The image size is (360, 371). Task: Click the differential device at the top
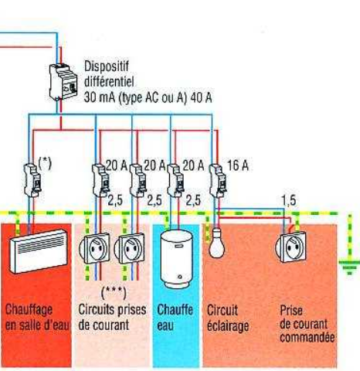click(x=63, y=82)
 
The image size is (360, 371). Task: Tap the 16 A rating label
click(x=238, y=165)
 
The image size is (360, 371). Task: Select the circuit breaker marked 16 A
click(x=218, y=181)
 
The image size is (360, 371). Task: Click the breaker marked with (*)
click(x=32, y=180)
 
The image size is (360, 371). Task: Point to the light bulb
click(x=216, y=243)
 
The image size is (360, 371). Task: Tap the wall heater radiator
click(x=39, y=251)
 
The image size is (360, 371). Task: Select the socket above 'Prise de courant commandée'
click(x=291, y=247)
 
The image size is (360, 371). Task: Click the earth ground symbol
click(x=349, y=267)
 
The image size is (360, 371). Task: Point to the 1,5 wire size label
click(x=289, y=200)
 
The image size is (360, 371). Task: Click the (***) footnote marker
click(x=114, y=293)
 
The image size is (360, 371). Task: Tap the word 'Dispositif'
click(x=107, y=66)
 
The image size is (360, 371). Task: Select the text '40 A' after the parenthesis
click(x=201, y=97)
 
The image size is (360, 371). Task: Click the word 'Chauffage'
click(x=29, y=310)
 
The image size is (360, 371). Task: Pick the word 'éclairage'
click(x=228, y=326)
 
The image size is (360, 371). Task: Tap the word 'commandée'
click(x=307, y=337)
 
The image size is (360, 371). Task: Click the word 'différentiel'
click(x=109, y=82)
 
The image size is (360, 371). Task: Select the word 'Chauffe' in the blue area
click(x=175, y=310)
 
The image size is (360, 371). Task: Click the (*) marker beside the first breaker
click(x=45, y=164)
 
